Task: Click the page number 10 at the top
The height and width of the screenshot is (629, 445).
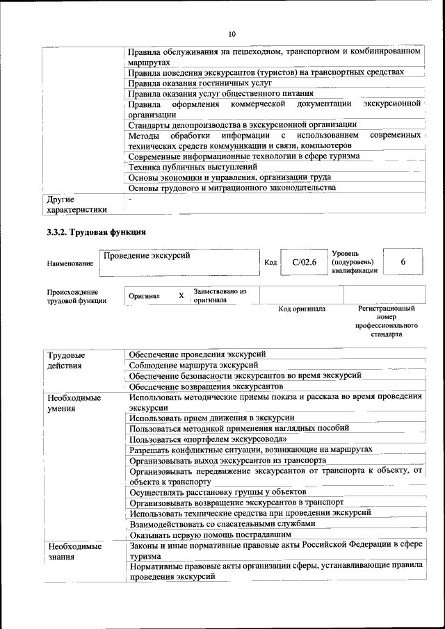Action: click(232, 34)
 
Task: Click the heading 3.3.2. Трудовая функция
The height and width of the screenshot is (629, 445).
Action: click(96, 232)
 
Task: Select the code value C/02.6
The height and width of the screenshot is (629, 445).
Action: click(304, 262)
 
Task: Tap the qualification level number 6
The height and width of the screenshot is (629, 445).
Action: click(403, 262)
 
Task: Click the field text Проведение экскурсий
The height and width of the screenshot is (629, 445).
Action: click(147, 256)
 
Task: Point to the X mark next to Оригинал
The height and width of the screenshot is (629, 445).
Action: click(181, 295)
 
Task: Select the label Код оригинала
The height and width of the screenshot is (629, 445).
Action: click(302, 309)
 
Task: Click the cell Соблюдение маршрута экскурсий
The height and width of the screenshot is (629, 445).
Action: click(194, 365)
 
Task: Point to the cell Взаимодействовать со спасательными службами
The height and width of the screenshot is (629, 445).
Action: click(222, 523)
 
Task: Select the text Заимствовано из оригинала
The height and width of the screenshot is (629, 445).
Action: click(220, 295)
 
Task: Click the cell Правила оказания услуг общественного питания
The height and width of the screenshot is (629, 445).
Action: click(221, 93)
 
